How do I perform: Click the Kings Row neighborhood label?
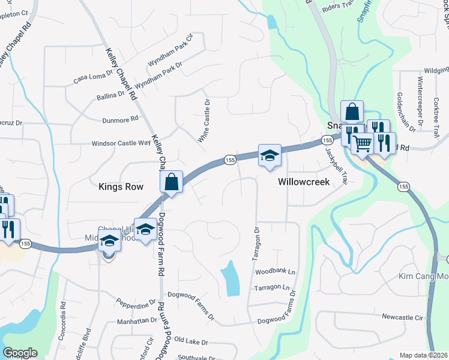[121, 187]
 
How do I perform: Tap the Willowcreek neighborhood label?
[304, 182]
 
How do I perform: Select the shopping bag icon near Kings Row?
[172, 183]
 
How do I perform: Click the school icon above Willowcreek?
[270, 156]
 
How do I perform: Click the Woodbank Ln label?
[276, 272]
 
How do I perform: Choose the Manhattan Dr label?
[137, 321]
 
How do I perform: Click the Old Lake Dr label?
[191, 342]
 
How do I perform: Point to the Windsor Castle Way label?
[121, 143]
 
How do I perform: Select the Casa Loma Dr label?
[93, 78]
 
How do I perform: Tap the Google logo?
[20, 353]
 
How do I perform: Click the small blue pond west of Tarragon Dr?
[230, 278]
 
